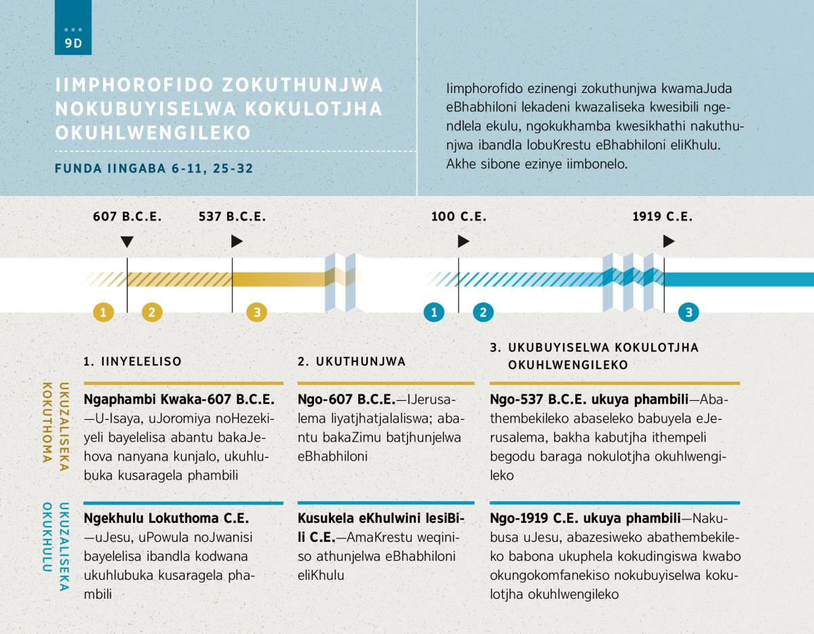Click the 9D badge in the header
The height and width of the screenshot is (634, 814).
[x=73, y=27]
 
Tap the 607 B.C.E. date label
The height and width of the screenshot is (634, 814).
[x=128, y=217]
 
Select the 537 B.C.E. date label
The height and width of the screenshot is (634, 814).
[x=232, y=217]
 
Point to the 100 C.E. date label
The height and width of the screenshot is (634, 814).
[x=459, y=217]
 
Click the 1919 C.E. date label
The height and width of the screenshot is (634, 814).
[x=663, y=217]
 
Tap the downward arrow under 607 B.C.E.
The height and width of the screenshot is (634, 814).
[x=127, y=242]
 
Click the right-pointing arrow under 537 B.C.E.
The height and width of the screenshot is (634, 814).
[x=237, y=241]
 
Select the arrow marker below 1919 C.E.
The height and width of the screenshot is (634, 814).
[x=669, y=241]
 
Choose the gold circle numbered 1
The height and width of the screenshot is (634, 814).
[x=103, y=312]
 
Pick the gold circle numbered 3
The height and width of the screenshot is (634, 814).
[x=257, y=312]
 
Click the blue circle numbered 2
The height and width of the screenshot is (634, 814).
[x=483, y=312]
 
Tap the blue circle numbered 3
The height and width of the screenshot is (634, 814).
[x=689, y=312]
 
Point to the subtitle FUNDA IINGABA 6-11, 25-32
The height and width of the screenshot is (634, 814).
[x=154, y=169]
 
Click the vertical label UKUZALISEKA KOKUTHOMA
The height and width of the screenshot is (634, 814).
[x=56, y=427]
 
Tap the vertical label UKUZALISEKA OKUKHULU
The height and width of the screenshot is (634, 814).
[x=56, y=547]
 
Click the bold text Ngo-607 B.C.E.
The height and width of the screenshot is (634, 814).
[x=347, y=399]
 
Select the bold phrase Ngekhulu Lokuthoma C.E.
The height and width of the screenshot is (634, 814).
[x=166, y=518]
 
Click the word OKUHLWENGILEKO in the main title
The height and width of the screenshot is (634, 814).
[x=153, y=133]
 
